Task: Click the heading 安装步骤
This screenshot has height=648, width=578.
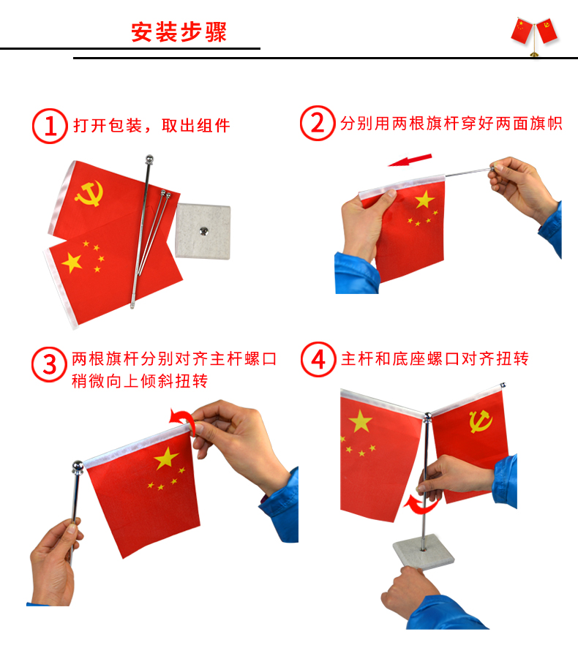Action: (179, 32)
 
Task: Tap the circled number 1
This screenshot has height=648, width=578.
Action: (50, 126)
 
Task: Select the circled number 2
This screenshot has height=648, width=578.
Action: (318, 123)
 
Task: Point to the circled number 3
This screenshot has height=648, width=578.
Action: (49, 364)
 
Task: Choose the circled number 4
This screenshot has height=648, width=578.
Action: (318, 359)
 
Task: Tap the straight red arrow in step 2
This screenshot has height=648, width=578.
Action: (410, 160)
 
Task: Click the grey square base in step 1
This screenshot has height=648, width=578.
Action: (203, 231)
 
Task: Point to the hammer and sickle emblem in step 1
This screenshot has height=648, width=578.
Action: (89, 193)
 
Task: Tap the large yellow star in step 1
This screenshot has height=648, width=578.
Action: (72, 263)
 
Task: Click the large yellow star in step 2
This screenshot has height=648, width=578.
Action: (424, 200)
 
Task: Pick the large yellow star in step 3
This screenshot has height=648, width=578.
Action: (166, 459)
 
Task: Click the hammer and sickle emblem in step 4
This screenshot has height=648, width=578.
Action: (481, 421)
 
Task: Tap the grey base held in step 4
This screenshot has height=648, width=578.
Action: (424, 551)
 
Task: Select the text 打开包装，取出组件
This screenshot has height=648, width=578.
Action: (151, 126)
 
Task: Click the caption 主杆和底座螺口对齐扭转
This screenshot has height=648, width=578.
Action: (435, 358)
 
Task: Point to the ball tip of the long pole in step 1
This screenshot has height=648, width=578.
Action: (149, 159)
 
